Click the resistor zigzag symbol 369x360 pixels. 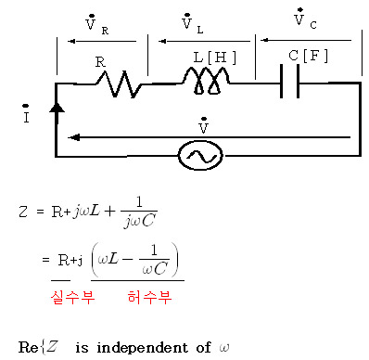point(119,84)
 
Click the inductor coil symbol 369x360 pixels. point(206,81)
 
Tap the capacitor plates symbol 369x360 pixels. point(289,81)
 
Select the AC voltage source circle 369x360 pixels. point(200,156)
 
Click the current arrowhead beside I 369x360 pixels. point(57,108)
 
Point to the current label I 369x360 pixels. point(26,114)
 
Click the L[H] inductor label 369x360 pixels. point(215,58)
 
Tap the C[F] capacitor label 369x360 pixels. point(308,56)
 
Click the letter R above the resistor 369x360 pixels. point(100,62)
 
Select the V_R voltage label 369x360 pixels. point(96,24)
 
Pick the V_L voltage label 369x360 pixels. point(192,23)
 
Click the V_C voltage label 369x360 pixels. point(305,19)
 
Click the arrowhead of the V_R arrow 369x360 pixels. point(71,41)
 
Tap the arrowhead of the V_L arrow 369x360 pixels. point(162,41)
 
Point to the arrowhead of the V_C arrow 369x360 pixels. point(264,40)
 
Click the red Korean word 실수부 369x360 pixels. point(72,297)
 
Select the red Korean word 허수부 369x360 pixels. point(149,297)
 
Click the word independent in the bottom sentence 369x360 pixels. point(142,348)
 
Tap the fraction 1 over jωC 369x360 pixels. point(139,212)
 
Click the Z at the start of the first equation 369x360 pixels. point(23,212)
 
